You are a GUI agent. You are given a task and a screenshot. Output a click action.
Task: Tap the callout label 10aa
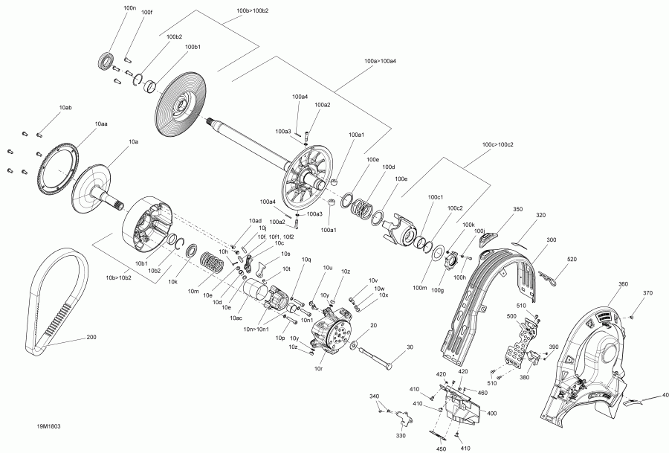coord(101,123)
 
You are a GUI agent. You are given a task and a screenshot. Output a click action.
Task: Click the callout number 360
coord(622,285)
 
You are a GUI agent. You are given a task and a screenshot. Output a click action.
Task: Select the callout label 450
coord(440,449)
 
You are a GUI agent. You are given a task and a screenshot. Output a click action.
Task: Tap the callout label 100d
coord(388,167)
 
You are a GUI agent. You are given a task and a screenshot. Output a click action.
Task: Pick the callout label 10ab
coord(65,108)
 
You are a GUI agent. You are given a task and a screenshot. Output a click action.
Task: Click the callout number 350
coord(517,209)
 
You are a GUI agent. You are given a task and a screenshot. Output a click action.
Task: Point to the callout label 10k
coord(172,281)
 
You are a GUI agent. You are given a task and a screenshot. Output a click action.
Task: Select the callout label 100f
coord(146,12)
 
